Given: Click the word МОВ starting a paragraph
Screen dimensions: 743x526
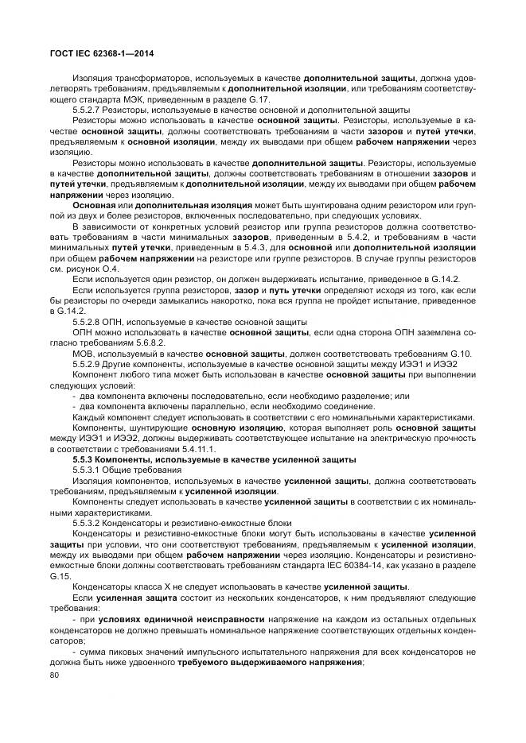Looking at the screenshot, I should pos(83,352).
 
